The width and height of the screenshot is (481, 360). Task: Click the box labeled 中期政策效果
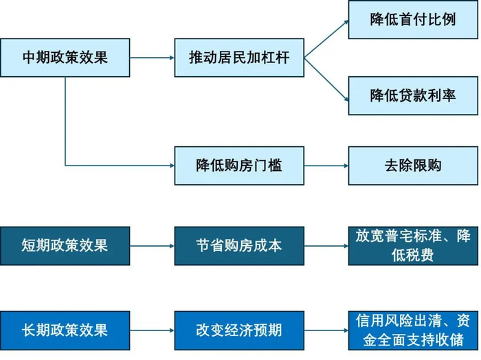pyautogui.click(x=65, y=58)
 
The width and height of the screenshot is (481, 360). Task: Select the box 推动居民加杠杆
pyautogui.click(x=239, y=58)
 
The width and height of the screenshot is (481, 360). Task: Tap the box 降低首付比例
pyautogui.click(x=413, y=19)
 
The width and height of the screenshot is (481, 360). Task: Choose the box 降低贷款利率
pyautogui.click(x=413, y=95)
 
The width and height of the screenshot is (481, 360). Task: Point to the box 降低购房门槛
pyautogui.click(x=239, y=166)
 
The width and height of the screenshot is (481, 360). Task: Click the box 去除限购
pyautogui.click(x=413, y=166)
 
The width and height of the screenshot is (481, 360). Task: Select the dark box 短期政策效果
pyautogui.click(x=65, y=245)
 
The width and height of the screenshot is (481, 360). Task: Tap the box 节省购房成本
pyautogui.click(x=239, y=245)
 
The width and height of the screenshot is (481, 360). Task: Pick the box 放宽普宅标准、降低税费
pyautogui.click(x=413, y=245)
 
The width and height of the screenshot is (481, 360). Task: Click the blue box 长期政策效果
pyautogui.click(x=65, y=330)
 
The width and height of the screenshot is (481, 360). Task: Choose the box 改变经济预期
pyautogui.click(x=239, y=330)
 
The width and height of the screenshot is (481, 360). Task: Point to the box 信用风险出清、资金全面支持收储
pyautogui.click(x=413, y=330)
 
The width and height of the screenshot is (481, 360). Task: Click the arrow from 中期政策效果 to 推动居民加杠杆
pyautogui.click(x=153, y=58)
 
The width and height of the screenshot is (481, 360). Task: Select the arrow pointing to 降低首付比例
pyautogui.click(x=326, y=38)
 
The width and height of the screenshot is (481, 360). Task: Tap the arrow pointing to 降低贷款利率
pyautogui.click(x=326, y=76)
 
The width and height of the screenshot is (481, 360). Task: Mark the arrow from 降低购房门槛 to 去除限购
pyautogui.click(x=326, y=166)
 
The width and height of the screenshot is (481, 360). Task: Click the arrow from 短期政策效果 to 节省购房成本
pyautogui.click(x=153, y=245)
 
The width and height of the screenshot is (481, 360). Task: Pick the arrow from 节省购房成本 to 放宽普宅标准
pyautogui.click(x=326, y=245)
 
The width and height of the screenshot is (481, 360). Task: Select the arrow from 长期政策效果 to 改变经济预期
pyautogui.click(x=153, y=330)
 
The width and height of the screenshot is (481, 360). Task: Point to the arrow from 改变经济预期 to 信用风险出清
pyautogui.click(x=326, y=330)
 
